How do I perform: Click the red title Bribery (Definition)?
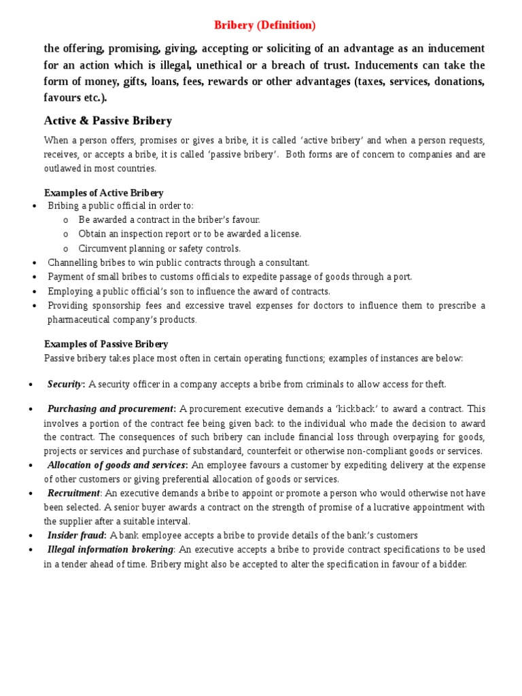pos(265,25)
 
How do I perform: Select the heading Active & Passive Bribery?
pos(107,121)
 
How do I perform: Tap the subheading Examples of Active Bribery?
pos(103,193)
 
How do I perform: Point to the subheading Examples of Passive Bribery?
pos(106,344)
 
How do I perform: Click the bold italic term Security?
pos(65,385)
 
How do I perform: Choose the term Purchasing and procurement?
pos(111,408)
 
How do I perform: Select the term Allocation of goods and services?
pos(116,465)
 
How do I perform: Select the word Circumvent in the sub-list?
pos(101,249)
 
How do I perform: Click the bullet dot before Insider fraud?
pos(33,536)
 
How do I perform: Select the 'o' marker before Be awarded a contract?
pos(65,220)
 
